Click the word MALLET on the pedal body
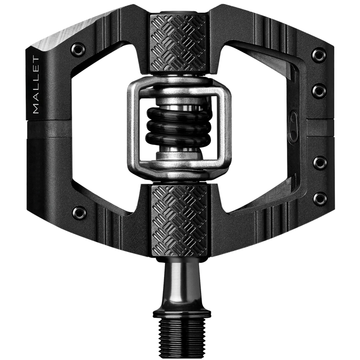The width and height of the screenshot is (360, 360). [36, 85]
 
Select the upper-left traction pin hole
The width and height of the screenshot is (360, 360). [79, 49]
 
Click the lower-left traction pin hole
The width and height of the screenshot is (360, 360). [79, 211]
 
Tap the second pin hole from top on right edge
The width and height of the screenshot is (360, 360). [319, 91]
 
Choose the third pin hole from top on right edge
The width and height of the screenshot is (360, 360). [320, 163]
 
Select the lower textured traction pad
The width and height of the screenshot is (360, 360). [179, 221]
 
